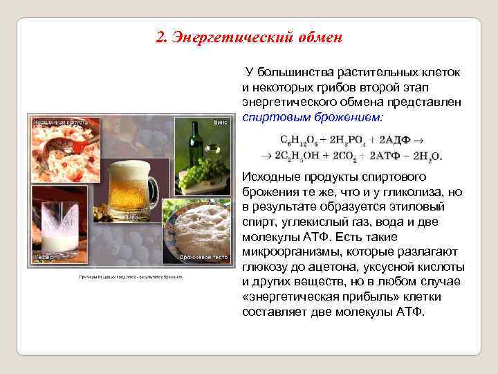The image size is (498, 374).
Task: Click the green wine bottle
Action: (x=196, y=145)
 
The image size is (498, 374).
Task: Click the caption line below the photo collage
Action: (x=129, y=278)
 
